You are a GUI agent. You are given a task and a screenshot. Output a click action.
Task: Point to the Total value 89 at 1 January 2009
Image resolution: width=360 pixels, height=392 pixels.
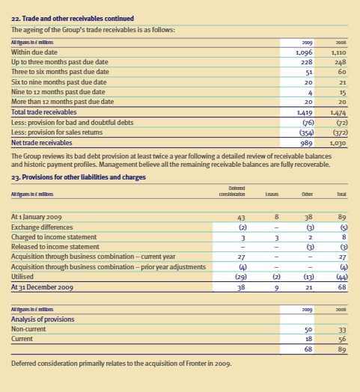point(341,215)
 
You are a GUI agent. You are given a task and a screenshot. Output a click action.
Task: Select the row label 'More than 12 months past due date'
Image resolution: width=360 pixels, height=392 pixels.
point(63,101)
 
